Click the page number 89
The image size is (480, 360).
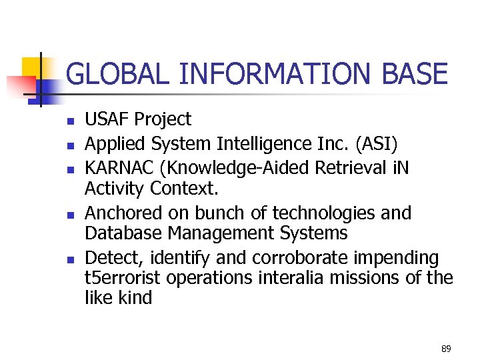tap(446, 349)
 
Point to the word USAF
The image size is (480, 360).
tap(107, 119)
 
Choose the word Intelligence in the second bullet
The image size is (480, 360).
tap(265, 143)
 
